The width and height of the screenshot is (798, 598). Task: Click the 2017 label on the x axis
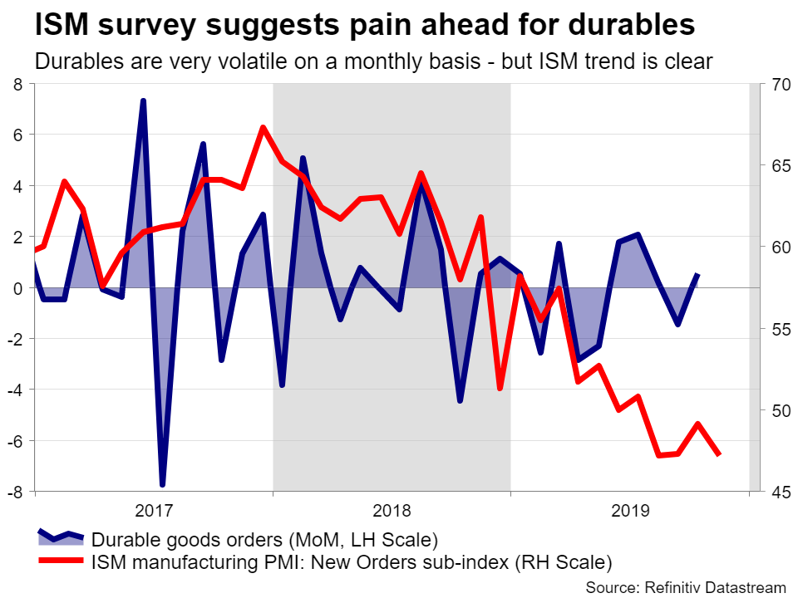153,508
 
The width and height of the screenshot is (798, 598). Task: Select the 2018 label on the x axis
391,508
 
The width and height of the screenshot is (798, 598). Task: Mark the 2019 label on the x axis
629,508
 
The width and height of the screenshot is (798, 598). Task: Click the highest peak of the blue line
143,100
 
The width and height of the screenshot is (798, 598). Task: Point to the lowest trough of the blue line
162,485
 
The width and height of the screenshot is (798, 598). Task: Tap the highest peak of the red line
262,127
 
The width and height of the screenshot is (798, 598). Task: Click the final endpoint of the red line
718,454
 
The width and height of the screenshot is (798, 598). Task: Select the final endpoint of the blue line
698,274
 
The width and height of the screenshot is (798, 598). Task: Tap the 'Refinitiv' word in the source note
672,586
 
